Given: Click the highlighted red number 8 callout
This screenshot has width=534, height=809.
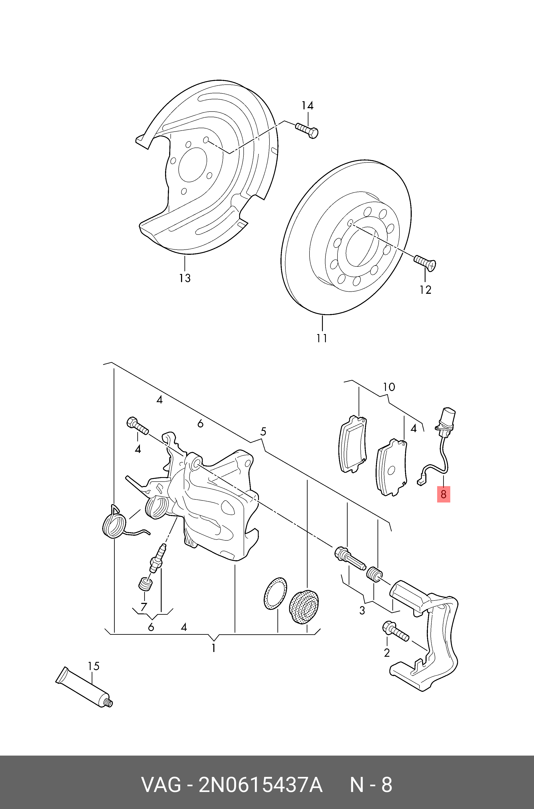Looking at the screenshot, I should pyautogui.click(x=443, y=494).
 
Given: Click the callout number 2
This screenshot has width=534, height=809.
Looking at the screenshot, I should pyautogui.click(x=387, y=653).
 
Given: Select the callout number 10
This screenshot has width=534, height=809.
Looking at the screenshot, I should pyautogui.click(x=389, y=387).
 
